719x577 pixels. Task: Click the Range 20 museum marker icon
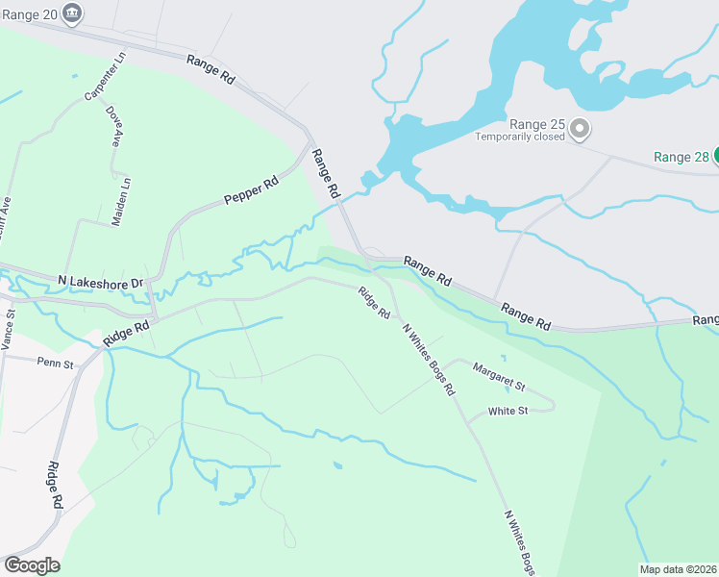[71, 13]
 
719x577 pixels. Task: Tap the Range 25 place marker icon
[580, 128]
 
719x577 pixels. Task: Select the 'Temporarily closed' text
[520, 137]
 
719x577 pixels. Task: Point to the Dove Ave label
[114, 126]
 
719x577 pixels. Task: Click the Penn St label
[55, 364]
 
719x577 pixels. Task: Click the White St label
[508, 411]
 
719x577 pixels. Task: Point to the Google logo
[32, 565]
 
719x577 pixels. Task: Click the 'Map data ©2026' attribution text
[678, 569]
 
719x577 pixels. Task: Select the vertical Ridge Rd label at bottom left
[55, 485]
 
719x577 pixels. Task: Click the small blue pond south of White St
[336, 466]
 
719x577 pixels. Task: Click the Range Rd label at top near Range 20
[211, 67]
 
